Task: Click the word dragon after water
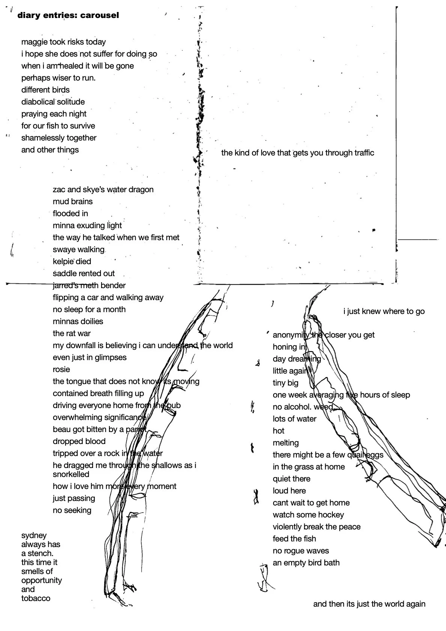click(x=141, y=190)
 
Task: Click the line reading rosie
click(x=61, y=369)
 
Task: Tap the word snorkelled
click(x=71, y=474)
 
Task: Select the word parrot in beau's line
click(x=136, y=429)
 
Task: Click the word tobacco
click(x=36, y=598)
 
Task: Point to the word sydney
click(x=34, y=535)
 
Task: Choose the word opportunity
click(x=42, y=580)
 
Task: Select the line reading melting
click(x=286, y=443)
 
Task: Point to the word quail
click(x=356, y=455)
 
